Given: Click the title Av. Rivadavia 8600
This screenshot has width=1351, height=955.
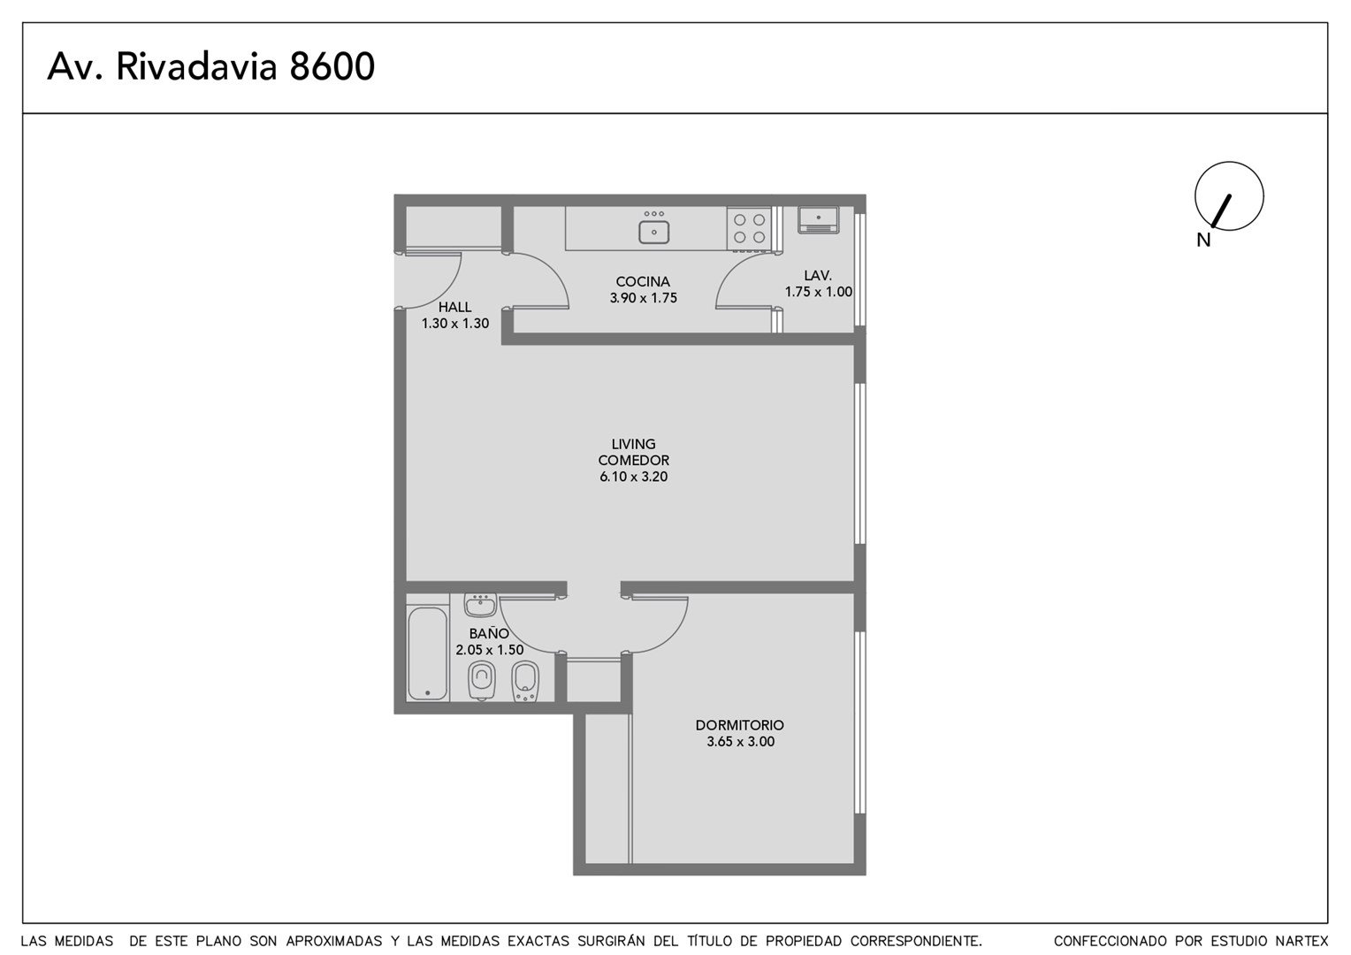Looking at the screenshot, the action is click(211, 66).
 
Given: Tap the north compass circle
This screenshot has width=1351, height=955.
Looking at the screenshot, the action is click(1229, 163).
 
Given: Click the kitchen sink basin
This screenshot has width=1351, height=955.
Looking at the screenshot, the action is click(653, 232).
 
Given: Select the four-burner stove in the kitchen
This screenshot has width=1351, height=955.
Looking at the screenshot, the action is click(749, 229).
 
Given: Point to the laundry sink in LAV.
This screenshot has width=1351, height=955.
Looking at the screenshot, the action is click(818, 219).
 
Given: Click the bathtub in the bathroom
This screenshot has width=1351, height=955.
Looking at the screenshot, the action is click(428, 653).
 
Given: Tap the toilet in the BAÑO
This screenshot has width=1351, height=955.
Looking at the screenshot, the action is click(481, 680).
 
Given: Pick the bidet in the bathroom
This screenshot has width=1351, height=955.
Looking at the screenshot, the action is click(524, 682).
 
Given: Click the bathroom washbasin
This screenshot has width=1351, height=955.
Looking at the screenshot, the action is click(480, 605).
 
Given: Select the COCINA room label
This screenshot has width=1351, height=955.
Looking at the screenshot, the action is click(642, 282).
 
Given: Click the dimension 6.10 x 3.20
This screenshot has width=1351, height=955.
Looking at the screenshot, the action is click(633, 477).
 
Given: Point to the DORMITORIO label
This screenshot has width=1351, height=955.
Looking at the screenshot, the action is click(739, 725).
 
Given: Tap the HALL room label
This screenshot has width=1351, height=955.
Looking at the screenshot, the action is click(454, 307).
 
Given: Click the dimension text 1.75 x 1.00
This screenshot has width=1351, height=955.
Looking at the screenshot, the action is click(818, 292).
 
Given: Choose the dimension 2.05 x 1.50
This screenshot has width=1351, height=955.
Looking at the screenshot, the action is click(489, 650).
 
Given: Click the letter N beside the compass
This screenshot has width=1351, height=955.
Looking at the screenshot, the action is click(1203, 241).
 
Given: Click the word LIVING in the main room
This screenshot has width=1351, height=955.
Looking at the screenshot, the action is click(633, 444).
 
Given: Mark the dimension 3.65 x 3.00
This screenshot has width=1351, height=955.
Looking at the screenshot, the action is click(740, 741).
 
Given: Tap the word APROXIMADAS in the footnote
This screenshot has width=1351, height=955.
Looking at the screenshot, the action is click(334, 941).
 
